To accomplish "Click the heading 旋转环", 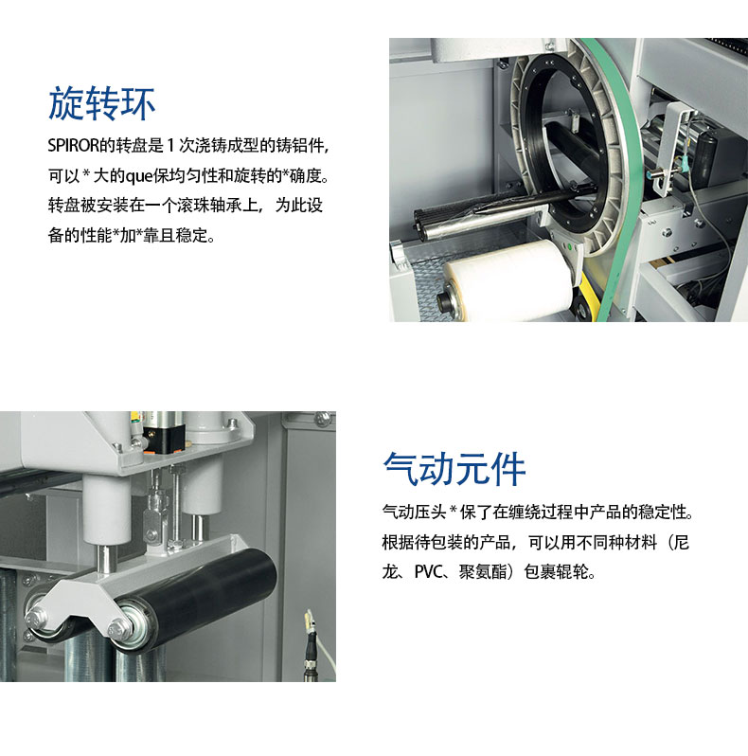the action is pos(101,102).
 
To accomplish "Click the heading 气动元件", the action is pos(454,468).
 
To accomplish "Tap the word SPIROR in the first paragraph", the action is pos(73,145).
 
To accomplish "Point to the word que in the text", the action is pos(139,176).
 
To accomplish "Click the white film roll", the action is pos(509,279).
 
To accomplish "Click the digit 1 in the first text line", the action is pos(170,146).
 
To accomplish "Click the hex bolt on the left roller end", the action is pos(36,620).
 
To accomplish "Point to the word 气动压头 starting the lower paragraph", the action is pos(414,512).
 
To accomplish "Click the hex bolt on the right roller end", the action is pos(120,629).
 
